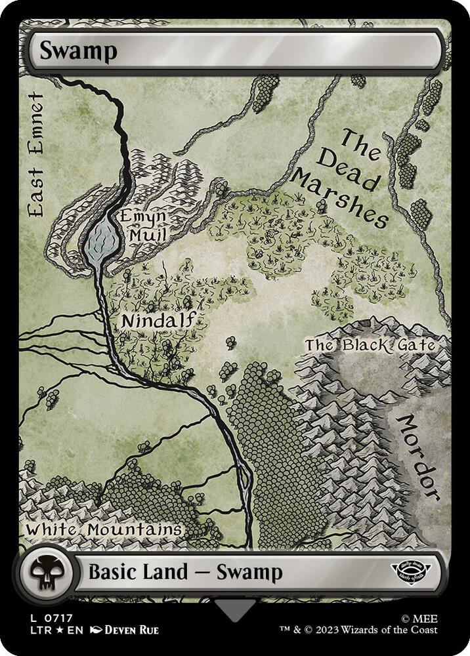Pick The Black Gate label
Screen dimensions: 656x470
370,346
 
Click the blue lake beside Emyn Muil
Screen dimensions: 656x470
102,239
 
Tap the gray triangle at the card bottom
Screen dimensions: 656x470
234,612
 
